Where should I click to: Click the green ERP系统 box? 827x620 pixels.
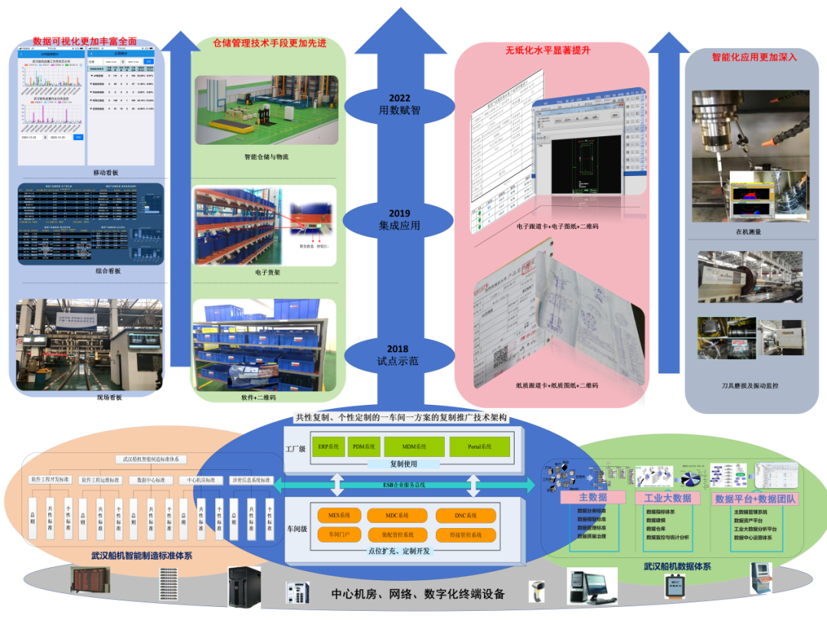point(329,446)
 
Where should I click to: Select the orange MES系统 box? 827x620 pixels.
point(338,516)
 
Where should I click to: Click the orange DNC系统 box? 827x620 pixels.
point(465,516)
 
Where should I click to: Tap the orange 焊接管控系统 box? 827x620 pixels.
point(465,535)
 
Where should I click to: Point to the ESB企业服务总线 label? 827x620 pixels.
point(404,485)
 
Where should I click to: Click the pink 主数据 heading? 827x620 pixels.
point(593,498)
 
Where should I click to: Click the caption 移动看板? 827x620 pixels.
point(106,173)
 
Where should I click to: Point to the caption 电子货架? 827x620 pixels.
point(267,271)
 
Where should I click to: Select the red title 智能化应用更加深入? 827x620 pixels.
point(754,57)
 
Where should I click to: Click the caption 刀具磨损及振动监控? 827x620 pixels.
point(750,386)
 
